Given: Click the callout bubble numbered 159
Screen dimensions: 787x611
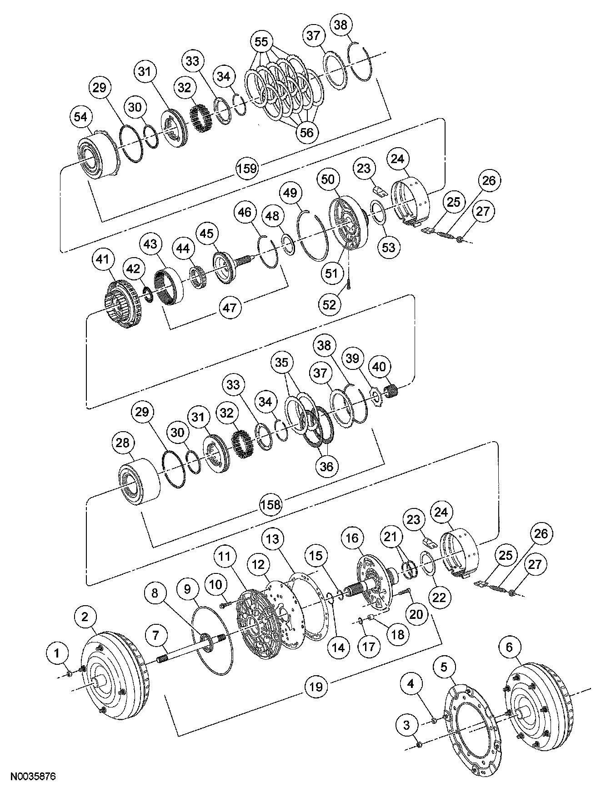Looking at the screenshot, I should pyautogui.click(x=247, y=168).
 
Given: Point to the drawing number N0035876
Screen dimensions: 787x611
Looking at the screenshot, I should pyautogui.click(x=33, y=777).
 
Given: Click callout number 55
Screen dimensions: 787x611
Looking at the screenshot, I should pyautogui.click(x=261, y=42).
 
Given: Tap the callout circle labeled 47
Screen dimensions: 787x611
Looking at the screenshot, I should pyautogui.click(x=230, y=308).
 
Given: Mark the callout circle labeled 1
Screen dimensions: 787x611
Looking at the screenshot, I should pyautogui.click(x=57, y=653).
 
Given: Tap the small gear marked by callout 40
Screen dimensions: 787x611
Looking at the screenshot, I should pyautogui.click(x=391, y=390).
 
